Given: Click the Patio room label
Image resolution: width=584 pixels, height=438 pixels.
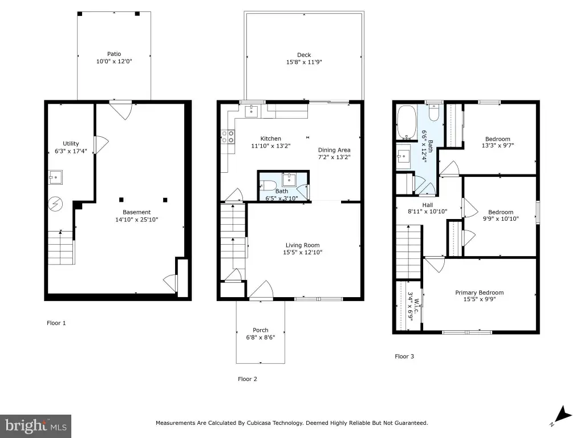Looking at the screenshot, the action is tap(114, 54).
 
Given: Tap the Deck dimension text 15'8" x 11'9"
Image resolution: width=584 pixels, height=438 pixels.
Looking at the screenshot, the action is tap(304, 62).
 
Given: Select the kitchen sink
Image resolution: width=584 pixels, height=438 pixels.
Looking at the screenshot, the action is tap(252, 111).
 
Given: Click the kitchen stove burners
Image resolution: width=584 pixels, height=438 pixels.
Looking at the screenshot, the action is tap(228, 136).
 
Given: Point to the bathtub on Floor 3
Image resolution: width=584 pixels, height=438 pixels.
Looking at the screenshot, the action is tap(406, 123).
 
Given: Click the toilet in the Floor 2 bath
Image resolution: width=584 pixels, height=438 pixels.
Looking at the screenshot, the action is tap(268, 185).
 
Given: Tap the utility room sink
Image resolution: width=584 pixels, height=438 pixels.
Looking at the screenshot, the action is tap(55, 177).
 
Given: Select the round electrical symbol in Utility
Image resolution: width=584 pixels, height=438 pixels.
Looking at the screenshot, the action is tap(55, 204).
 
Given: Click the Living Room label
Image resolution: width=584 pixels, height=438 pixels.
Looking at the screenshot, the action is tap(302, 245).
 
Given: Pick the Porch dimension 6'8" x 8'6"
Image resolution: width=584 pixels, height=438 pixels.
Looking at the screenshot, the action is tap(260, 338).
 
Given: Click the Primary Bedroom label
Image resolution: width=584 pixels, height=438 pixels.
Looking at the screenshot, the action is tap(479, 293).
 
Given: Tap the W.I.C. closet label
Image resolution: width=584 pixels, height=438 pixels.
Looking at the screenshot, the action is tap(416, 306).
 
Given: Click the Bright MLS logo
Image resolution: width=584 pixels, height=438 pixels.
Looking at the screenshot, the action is tap(36, 425).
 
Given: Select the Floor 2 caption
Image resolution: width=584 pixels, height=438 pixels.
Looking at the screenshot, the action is tap(248, 379).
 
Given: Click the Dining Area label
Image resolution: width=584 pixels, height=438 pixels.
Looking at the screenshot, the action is tap(334, 150).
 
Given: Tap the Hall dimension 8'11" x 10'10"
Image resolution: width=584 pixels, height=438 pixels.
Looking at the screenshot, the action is tap(428, 212).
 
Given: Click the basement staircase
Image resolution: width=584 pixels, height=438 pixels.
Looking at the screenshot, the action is tap(62, 248).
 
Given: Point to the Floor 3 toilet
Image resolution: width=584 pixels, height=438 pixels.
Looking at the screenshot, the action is tap(434, 112).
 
